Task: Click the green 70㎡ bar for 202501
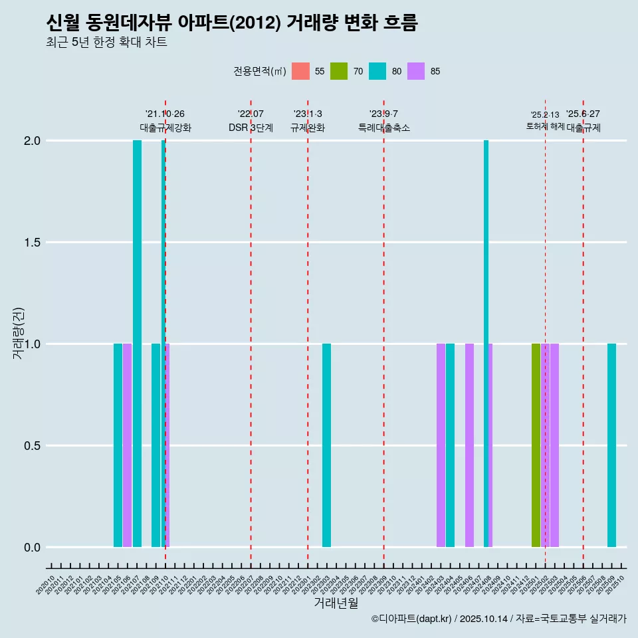536,445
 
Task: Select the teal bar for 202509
611,445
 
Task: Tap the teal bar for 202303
326,445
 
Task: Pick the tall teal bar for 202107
137,344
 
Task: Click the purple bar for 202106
127,445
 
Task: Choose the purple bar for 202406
469,445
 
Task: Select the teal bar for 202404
450,445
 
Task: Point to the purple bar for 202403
441,445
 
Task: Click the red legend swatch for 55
301,71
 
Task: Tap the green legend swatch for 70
339,71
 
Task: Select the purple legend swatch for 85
416,71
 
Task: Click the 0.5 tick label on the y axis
32,446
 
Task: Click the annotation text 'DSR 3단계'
251,128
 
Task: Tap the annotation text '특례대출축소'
383,128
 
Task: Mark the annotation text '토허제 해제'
545,126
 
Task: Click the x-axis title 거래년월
336,603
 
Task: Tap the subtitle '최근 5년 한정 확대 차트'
106,43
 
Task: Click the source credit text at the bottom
498,619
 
